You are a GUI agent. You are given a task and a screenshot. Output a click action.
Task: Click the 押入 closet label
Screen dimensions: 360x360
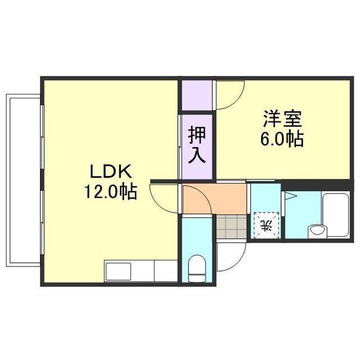196,145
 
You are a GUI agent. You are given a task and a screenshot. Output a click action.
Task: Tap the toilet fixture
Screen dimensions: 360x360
197,267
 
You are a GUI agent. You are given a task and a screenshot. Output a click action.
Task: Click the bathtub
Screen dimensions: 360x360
336,215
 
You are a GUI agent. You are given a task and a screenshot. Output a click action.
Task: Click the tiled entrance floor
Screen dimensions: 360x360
232,227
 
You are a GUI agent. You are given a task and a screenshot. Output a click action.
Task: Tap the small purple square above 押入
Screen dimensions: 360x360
196,96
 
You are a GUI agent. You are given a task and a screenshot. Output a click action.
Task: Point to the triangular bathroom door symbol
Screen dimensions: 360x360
290,196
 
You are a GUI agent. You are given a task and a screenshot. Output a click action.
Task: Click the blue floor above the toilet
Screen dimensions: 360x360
197,236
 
